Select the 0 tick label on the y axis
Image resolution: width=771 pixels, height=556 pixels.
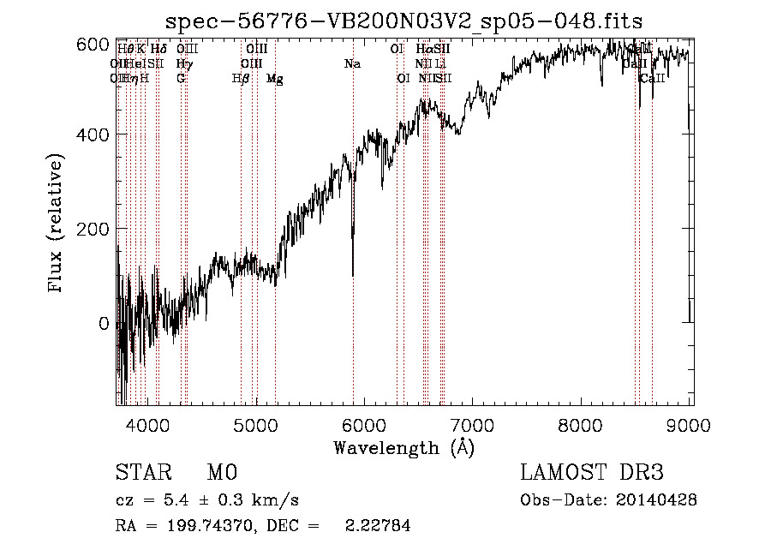tap(104, 324)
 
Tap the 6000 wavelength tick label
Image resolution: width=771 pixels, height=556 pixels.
tap(365, 425)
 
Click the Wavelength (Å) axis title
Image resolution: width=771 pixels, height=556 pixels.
tap(403, 447)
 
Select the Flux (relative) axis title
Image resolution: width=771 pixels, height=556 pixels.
tap(57, 224)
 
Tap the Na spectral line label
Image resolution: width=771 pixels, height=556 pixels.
tap(352, 63)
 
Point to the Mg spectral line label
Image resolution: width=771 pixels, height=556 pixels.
tap(275, 78)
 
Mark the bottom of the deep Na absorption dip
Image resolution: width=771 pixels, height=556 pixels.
tap(353, 275)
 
